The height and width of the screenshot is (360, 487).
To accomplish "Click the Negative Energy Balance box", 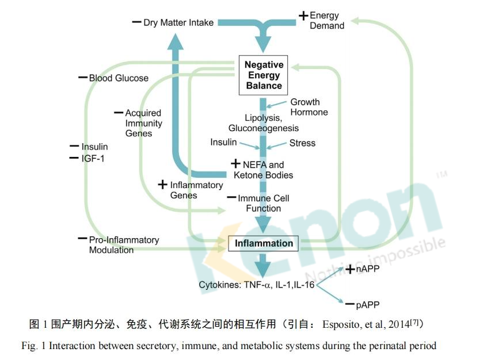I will (263, 75).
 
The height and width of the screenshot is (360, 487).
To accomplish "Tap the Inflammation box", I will (264, 243).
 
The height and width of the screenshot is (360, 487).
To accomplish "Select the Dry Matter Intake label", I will (178, 23).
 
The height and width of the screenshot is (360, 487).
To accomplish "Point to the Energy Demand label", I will (326, 21).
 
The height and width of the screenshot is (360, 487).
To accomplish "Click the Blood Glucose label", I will (118, 78).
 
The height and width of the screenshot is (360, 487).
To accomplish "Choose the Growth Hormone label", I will (309, 107).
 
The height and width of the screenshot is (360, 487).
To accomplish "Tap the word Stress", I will (302, 143).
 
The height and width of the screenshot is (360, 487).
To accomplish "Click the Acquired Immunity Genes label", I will (143, 123).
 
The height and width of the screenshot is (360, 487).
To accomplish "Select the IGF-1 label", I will (93, 158).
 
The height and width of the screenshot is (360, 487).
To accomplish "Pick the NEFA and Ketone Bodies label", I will (263, 170).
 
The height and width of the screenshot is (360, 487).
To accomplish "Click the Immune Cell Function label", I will (263, 203).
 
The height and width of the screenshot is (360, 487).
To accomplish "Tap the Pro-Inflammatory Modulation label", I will (123, 245).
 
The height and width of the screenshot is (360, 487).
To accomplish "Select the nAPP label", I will (367, 269).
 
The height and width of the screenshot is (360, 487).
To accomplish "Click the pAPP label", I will (367, 305).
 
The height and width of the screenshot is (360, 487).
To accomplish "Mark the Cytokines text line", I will (257, 285).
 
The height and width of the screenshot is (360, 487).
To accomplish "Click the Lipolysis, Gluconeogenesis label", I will (263, 123).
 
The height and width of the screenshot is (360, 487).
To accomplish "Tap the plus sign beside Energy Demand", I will (303, 16).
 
